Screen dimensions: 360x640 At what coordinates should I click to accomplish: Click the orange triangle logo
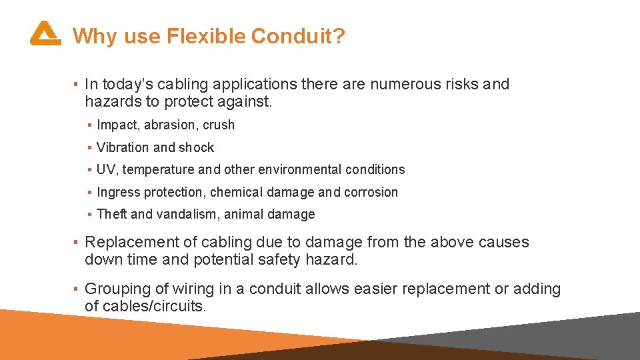[45, 33]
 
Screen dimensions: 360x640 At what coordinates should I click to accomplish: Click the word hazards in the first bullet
[110, 101]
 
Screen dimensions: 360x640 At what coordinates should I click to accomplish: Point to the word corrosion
[371, 193]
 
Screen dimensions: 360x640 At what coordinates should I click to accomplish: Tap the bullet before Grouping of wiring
[77, 289]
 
